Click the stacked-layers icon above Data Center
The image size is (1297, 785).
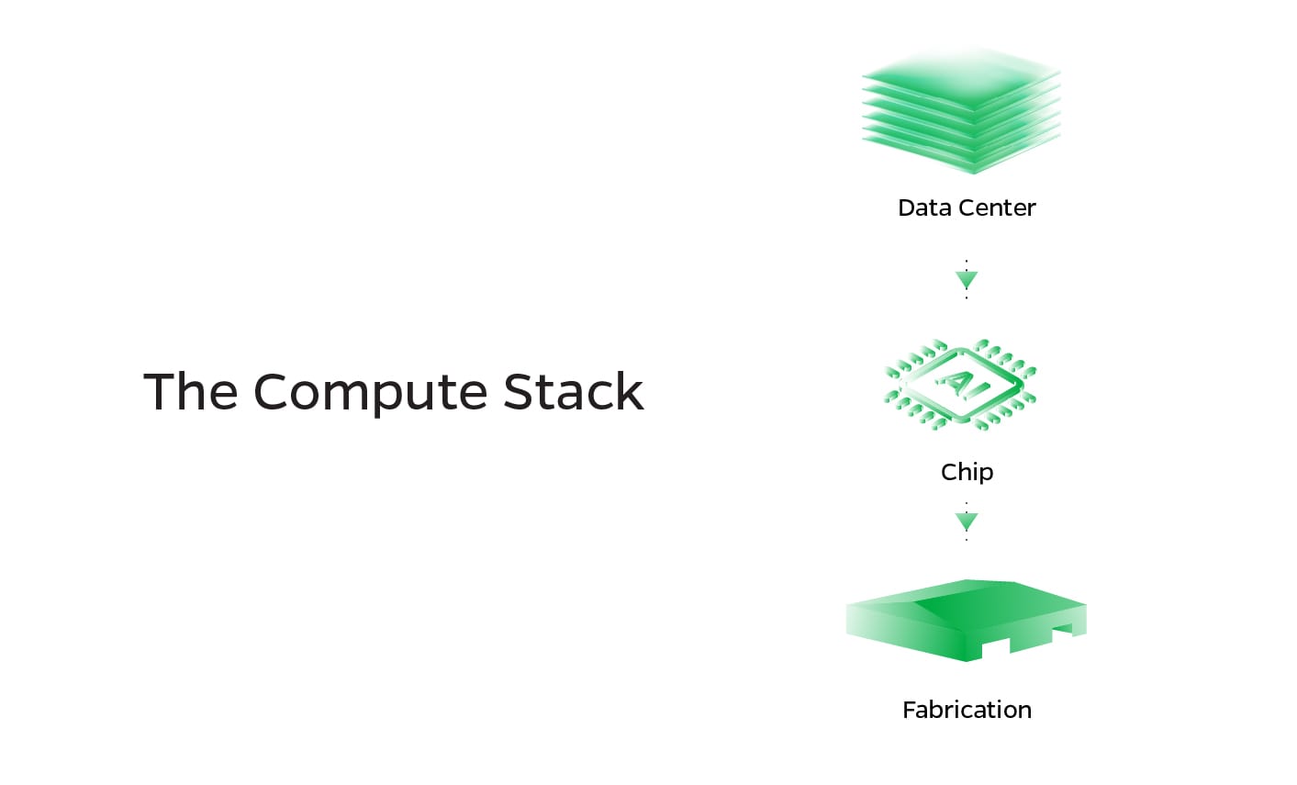961,110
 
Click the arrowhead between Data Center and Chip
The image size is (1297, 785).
967,279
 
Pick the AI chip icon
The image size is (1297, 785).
961,385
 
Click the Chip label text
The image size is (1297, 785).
967,472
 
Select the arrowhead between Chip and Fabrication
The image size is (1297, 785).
967,521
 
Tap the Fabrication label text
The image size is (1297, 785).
967,710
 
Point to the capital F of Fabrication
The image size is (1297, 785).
909,710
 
